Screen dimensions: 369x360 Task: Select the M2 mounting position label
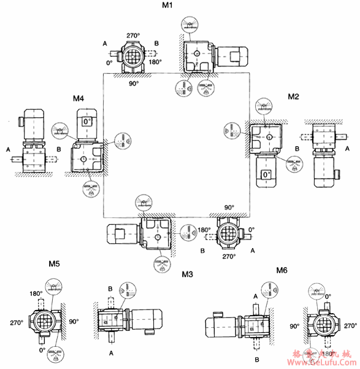293,96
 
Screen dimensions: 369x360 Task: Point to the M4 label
79,98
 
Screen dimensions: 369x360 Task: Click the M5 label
55,265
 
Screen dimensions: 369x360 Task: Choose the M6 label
281,270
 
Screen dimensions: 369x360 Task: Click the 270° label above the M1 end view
133,36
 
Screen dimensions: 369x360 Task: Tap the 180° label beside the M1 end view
156,62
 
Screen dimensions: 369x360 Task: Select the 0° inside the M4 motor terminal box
87,122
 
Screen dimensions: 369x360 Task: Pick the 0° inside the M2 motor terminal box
266,175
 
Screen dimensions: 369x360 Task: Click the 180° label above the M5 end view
36,293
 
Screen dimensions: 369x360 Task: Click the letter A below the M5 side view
111,353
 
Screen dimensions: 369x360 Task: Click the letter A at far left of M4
7,149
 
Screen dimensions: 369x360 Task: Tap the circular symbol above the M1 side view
189,23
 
